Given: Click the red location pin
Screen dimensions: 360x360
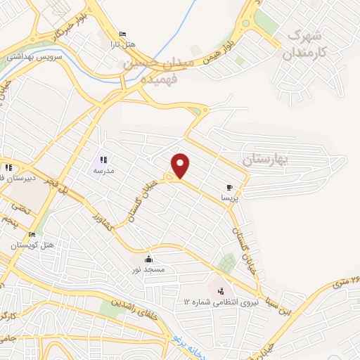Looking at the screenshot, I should pyautogui.click(x=181, y=165).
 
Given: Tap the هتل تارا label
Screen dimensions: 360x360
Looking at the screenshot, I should pyautogui.click(x=126, y=44).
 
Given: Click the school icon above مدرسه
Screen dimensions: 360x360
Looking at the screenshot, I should pyautogui.click(x=104, y=160).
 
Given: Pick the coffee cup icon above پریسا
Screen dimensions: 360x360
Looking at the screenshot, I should pyautogui.click(x=231, y=187).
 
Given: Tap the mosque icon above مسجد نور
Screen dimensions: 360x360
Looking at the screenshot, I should pyautogui.click(x=148, y=259).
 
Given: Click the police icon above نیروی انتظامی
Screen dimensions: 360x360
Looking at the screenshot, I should pyautogui.click(x=221, y=290).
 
